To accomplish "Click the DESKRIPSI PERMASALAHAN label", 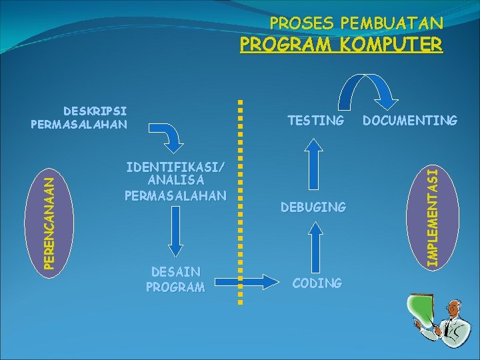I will click(x=79, y=117).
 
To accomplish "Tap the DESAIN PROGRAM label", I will click(x=175, y=279).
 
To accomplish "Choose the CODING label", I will click(x=317, y=283).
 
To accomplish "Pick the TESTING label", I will click(x=316, y=121).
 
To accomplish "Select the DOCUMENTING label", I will click(x=409, y=121).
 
